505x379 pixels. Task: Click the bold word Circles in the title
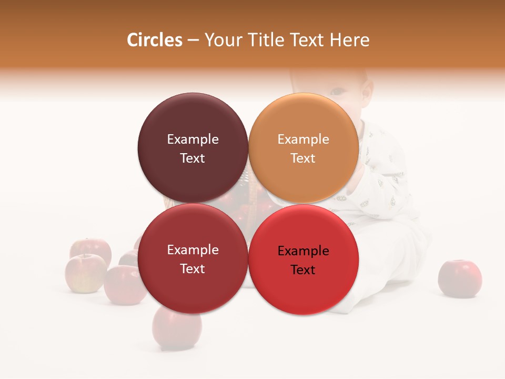pyautogui.click(x=154, y=40)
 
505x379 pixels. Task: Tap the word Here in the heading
pyautogui.click(x=350, y=40)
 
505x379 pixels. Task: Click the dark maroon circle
pyautogui.click(x=193, y=148)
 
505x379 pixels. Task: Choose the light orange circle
pyautogui.click(x=303, y=148)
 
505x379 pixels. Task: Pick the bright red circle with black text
pyautogui.click(x=303, y=259)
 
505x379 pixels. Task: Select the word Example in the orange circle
pyautogui.click(x=303, y=139)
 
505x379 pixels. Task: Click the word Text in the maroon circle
pyautogui.click(x=193, y=158)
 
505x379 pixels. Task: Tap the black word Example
pyautogui.click(x=303, y=251)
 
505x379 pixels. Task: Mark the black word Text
pyautogui.click(x=303, y=270)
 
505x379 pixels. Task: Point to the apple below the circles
pyautogui.click(x=177, y=329)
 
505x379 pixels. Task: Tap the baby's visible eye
pyautogui.click(x=337, y=91)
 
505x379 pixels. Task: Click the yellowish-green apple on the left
pyautogui.click(x=84, y=274)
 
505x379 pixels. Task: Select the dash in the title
pyautogui.click(x=193, y=41)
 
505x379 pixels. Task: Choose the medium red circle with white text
pyautogui.click(x=193, y=259)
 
